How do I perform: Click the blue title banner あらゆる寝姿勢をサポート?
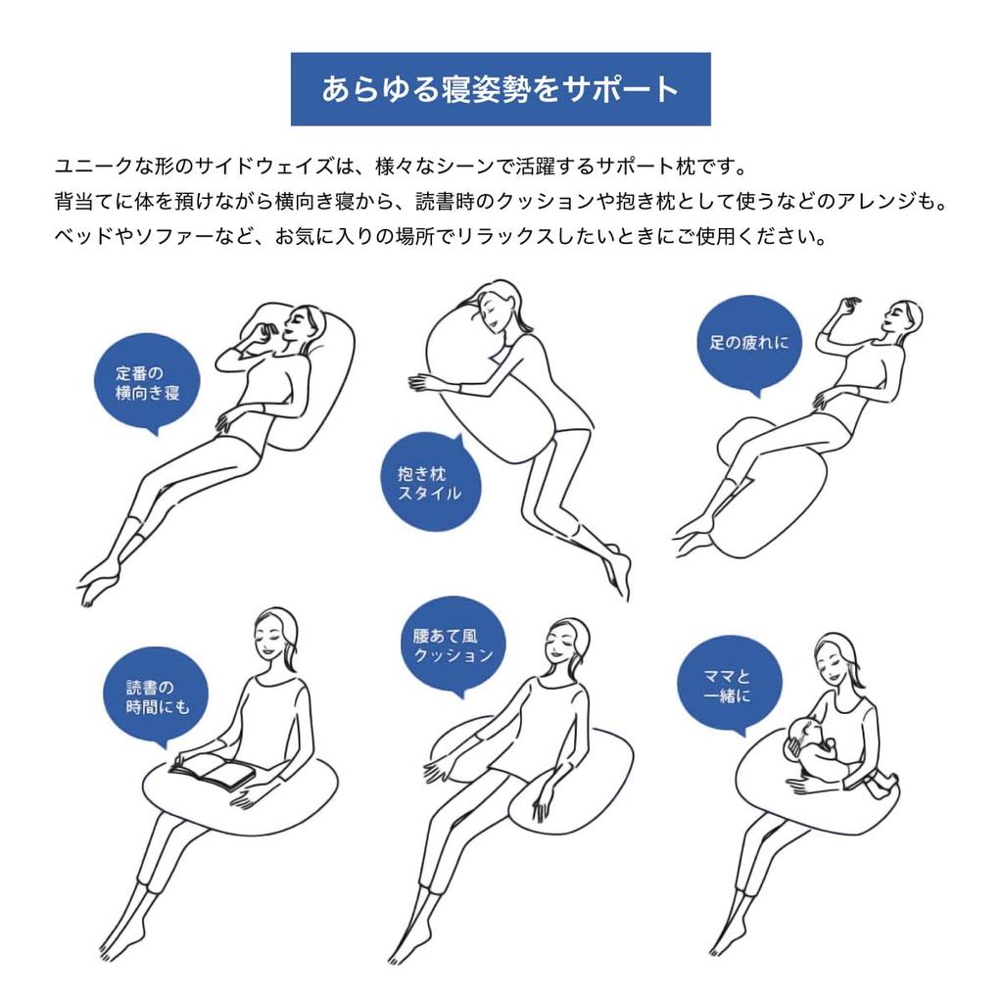(501, 89)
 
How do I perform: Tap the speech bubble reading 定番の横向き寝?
(147, 383)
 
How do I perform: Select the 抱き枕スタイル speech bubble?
(431, 482)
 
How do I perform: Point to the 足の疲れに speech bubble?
(749, 346)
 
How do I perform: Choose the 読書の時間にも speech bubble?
(156, 697)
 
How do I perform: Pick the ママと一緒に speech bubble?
(730, 686)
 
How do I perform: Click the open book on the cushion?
(213, 770)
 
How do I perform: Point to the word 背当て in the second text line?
(85, 202)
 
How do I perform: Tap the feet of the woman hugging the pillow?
(618, 571)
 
